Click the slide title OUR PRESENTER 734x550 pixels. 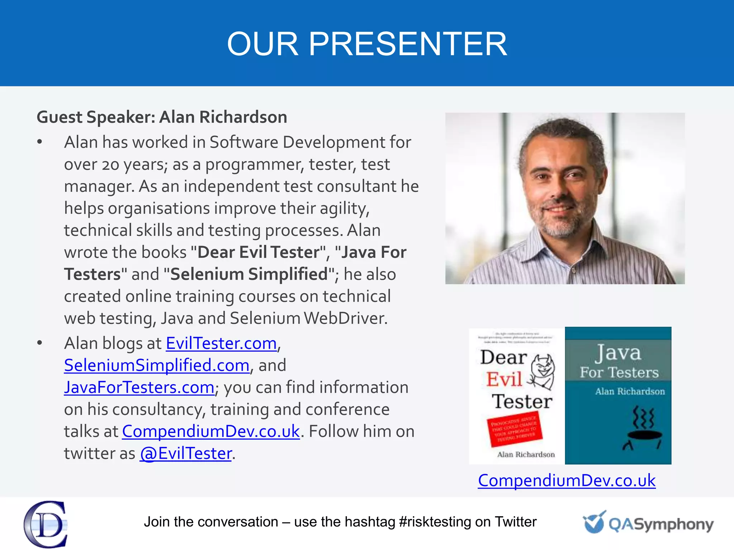tap(367, 44)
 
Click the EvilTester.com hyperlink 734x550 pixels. tap(221, 343)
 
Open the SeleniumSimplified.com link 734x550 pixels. tap(157, 366)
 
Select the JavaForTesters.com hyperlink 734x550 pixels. tap(139, 387)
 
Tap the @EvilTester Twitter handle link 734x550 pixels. tap(186, 454)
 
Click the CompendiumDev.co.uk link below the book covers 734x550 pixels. tap(567, 481)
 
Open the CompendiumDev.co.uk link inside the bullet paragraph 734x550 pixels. tap(211, 431)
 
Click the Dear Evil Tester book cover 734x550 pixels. tap(516, 396)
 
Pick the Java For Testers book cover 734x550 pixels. tap(618, 396)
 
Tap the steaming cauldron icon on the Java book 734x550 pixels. tap(644, 428)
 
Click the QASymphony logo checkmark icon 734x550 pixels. tap(594, 522)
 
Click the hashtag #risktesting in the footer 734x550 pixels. tap(435, 522)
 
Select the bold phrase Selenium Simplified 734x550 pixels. tap(249, 274)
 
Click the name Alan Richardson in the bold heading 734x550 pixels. tap(223, 117)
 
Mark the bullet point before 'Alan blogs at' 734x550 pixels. tap(40, 343)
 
